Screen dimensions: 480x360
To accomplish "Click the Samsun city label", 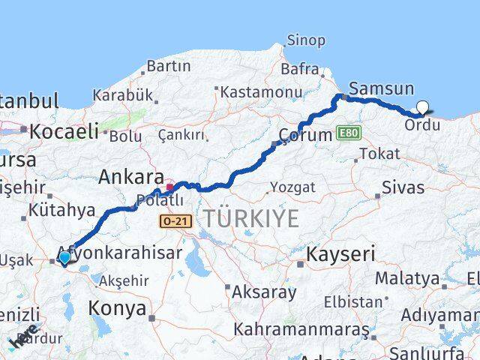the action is point(382,88).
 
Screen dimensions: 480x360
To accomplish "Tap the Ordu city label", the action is point(422,124).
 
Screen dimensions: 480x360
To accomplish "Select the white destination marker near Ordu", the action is point(422,108).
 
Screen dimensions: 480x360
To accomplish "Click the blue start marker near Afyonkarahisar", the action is point(64,258).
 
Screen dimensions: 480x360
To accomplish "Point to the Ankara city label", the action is point(131,178).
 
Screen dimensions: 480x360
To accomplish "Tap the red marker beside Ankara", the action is point(171,187).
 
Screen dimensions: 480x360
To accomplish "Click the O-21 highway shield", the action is point(176,220).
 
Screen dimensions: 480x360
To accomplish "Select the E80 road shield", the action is point(349,133).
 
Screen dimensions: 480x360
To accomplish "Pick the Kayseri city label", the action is point(340,253).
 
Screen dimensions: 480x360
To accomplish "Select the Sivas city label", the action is point(403,187).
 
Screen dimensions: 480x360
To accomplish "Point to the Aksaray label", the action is point(263,292).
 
